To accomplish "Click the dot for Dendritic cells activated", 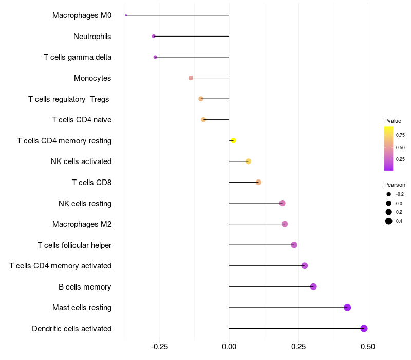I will pos(364,328).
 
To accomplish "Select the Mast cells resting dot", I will pos(347,308).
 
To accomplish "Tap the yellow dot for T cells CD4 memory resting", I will pos(233,140).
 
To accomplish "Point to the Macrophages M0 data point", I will pos(126,15).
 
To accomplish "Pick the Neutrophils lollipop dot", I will pos(154,36).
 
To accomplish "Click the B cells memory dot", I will pos(313,286).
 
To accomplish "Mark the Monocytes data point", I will pos(191,78).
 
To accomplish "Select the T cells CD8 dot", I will pos(258,182).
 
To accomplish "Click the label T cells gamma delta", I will pos(78,57).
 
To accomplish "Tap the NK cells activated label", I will pos(81,161).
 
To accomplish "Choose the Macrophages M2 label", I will pos(82,224).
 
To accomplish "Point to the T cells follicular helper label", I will pos(74,245).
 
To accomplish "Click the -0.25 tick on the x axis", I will pos(159,347).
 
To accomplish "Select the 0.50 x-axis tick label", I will pos(368,347).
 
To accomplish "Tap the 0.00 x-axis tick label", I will pos(229,347).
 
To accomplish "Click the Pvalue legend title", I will pos(393,121).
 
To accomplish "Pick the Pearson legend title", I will pos(395,185).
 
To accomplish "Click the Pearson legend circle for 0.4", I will pos(389,221).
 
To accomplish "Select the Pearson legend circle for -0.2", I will pos(389,194).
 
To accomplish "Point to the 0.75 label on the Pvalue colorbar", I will pos(400,135).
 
